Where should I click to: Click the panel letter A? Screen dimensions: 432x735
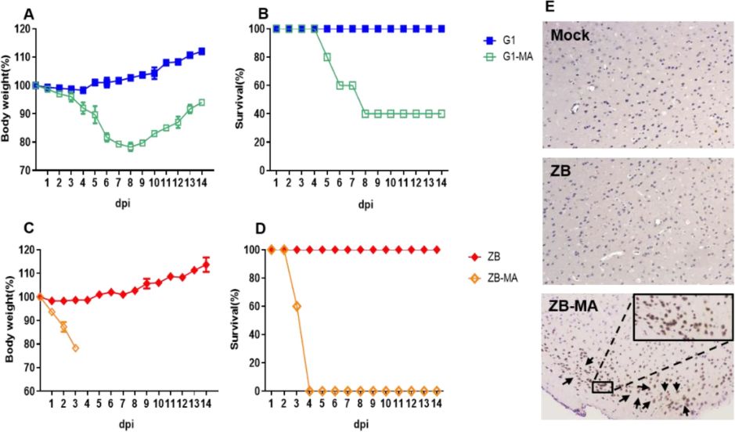[x=29, y=13]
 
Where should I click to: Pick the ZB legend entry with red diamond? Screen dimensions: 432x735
[x=499, y=257]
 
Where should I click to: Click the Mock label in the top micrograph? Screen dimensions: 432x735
[x=570, y=35]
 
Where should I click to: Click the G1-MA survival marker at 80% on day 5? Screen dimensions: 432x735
[x=327, y=57]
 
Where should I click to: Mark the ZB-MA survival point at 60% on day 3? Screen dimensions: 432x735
[x=296, y=306]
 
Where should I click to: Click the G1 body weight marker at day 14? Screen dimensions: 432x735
[x=202, y=51]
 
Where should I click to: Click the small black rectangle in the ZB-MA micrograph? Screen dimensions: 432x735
[x=603, y=387]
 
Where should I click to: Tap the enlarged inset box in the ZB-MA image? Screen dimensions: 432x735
[x=682, y=316]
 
